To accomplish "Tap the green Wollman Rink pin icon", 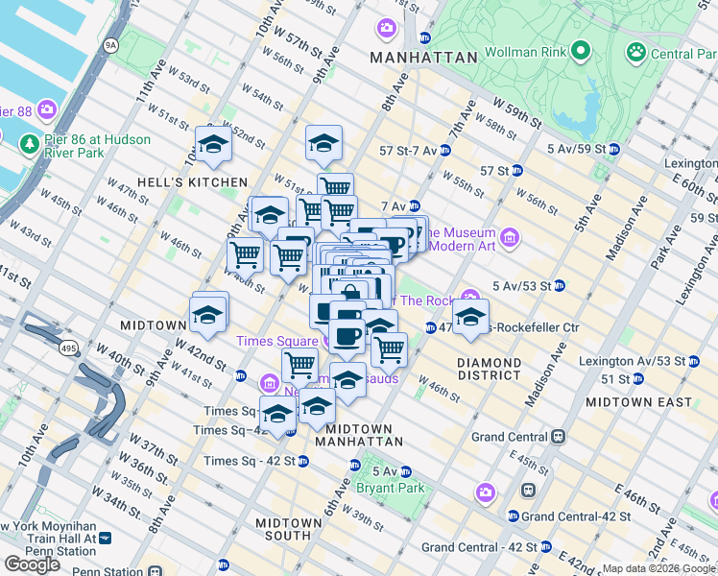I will point(580,50).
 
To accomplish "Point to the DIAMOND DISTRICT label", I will point(489,370).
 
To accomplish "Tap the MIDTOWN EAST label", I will point(639,401).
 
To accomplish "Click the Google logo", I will point(32,564).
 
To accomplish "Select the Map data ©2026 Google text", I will point(658,568).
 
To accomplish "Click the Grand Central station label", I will point(510,437).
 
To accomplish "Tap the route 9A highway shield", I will point(110,44).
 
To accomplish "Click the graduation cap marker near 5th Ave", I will point(470,318).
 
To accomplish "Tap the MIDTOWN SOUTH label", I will point(288,530).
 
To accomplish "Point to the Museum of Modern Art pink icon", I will point(509,236).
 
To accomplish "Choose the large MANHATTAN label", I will point(423,58).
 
